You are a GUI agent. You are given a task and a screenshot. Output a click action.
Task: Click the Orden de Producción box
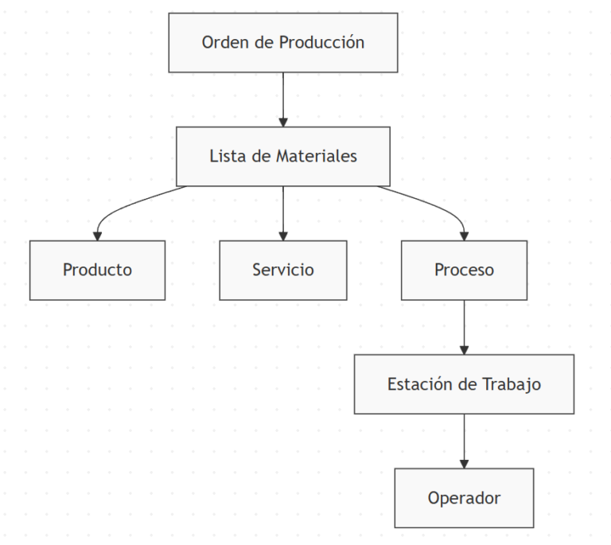(x=282, y=43)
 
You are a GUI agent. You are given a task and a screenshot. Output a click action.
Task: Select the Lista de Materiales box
(x=282, y=156)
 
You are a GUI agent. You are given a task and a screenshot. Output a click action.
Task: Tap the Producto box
(x=97, y=270)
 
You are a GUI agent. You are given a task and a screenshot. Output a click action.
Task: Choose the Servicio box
(x=282, y=270)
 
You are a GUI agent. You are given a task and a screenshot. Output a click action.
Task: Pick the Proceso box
(x=464, y=270)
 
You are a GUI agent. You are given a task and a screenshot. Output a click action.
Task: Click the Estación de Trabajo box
(x=464, y=383)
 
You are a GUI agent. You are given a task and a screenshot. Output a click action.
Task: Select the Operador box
(x=464, y=498)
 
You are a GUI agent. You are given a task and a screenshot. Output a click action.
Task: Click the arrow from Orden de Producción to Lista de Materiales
(x=282, y=99)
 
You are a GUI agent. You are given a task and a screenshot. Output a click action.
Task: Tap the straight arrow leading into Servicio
(x=282, y=213)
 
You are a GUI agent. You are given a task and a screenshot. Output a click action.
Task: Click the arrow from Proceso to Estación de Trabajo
(x=464, y=326)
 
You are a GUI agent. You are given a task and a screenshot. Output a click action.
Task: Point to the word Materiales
(x=316, y=156)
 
